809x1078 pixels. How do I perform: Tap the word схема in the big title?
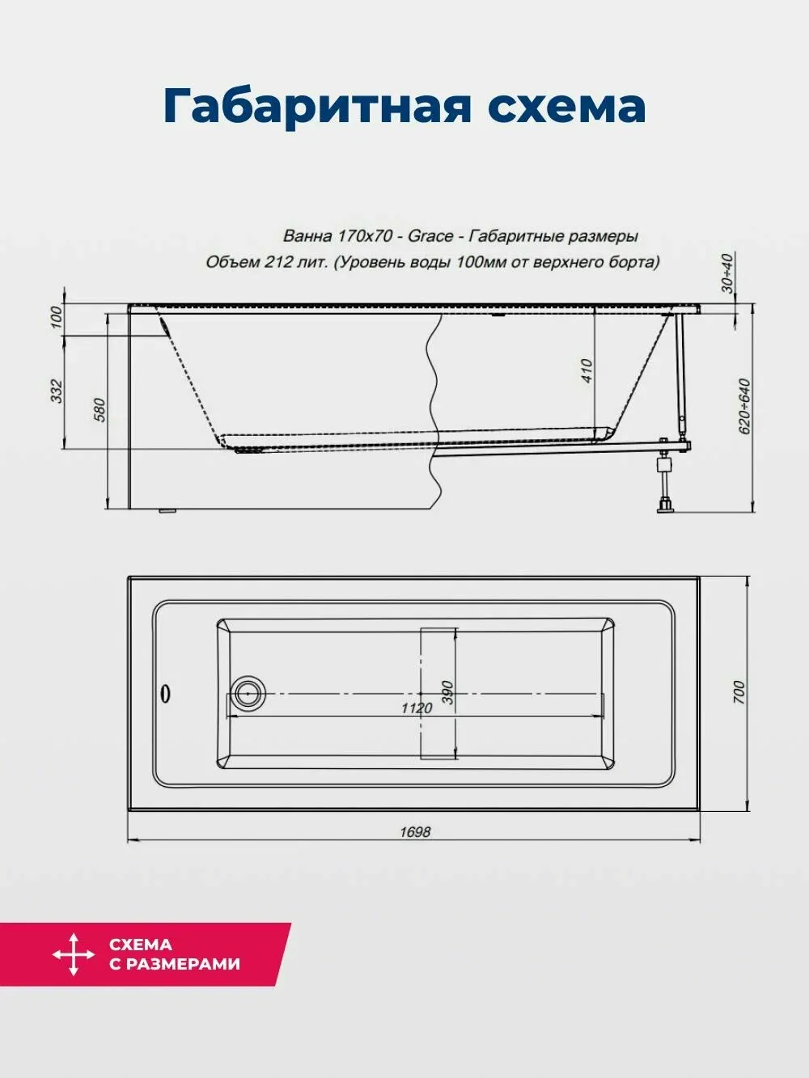click(566, 107)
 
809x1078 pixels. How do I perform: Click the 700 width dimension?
click(739, 692)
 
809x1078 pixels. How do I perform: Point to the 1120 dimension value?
click(417, 708)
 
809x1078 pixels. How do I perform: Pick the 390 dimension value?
click(447, 692)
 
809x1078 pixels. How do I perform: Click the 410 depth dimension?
click(587, 371)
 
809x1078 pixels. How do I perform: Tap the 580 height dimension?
click(100, 410)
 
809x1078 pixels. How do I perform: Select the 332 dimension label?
click(57, 391)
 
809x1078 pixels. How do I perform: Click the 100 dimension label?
click(57, 317)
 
